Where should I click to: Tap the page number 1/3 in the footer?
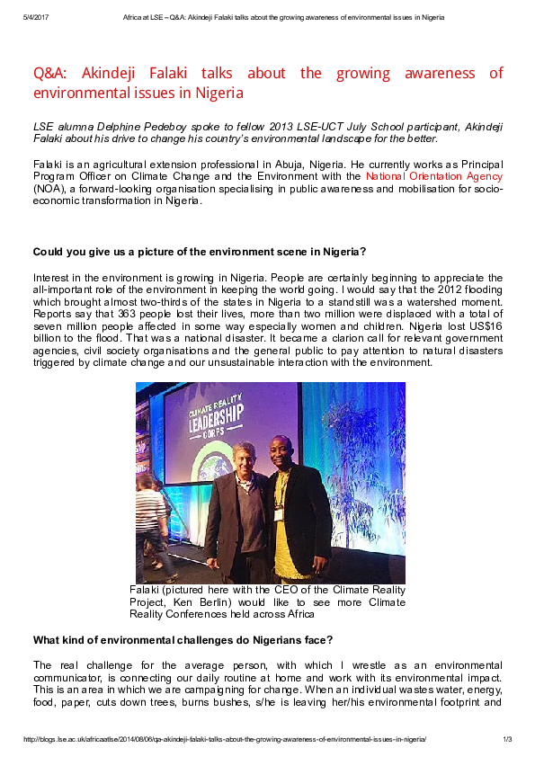click(x=507, y=739)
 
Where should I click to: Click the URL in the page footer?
click(x=225, y=739)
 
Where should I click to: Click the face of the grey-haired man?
click(x=242, y=459)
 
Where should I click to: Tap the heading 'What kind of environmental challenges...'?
click(x=183, y=640)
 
